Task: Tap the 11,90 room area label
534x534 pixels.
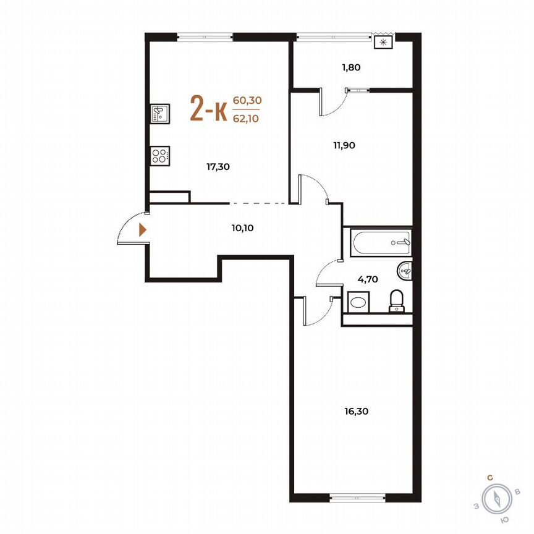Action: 344,146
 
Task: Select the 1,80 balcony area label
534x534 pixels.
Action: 350,69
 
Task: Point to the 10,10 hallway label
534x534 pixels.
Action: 243,227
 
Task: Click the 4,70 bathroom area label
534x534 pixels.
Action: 368,279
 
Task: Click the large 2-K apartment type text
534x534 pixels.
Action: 208,110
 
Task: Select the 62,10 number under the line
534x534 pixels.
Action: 246,119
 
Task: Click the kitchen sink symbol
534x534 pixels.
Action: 159,114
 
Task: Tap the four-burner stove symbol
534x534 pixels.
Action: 159,156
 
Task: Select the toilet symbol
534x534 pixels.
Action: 396,301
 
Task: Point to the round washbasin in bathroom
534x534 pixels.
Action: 405,269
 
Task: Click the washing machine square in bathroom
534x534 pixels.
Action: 358,303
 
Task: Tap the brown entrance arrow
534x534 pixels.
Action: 143,230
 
